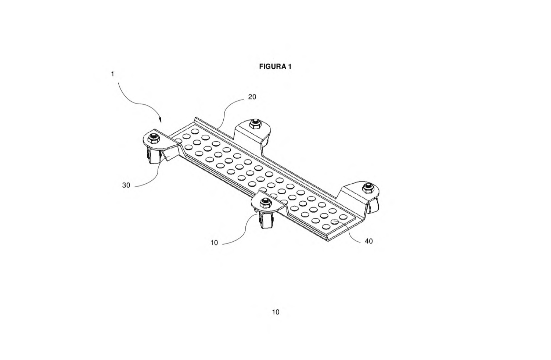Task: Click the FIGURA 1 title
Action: [275, 66]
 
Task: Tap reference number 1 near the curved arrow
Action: [113, 74]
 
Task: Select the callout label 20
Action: [252, 97]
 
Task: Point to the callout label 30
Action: [126, 185]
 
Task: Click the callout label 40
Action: [369, 241]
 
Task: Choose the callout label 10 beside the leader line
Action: [214, 243]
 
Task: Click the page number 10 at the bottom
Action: [276, 312]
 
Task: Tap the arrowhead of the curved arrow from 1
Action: [161, 120]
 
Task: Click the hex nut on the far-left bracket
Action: [154, 138]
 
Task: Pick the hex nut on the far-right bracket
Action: [368, 187]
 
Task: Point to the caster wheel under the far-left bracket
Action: [152, 156]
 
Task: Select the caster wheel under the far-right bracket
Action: [374, 205]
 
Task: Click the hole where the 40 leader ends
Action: [334, 222]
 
